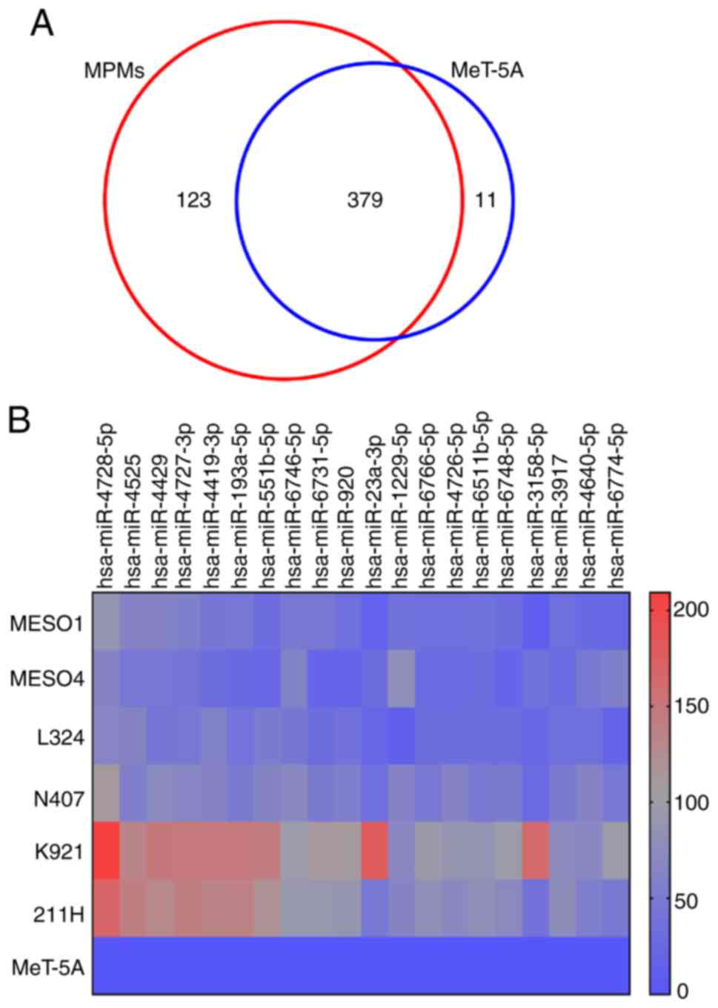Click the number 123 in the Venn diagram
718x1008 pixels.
(193, 200)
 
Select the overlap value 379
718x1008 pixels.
(365, 200)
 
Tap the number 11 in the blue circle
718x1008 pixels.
(485, 200)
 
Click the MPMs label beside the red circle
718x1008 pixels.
(113, 71)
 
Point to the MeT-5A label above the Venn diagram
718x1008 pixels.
(488, 71)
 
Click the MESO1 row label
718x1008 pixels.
(47, 623)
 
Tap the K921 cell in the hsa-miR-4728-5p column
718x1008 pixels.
(107, 851)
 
